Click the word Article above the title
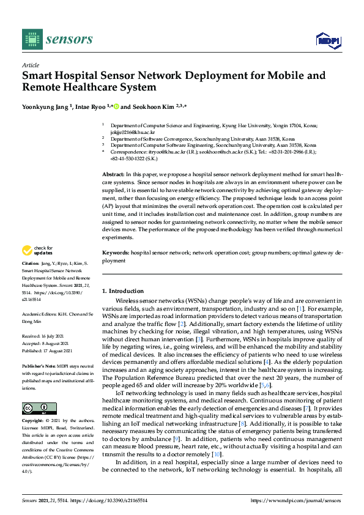(x=30, y=65)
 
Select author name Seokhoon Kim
(x=150, y=106)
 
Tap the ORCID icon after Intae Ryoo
(x=116, y=106)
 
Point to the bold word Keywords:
(x=116, y=252)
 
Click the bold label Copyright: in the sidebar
(x=34, y=421)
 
